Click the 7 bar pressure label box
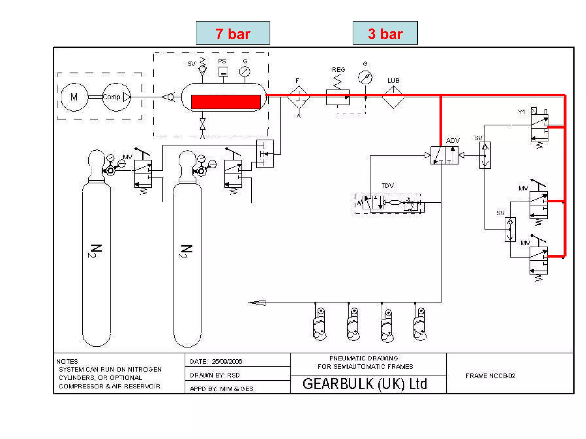(x=233, y=33)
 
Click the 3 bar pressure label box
(x=385, y=33)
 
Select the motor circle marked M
(x=74, y=97)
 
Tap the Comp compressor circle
(x=116, y=97)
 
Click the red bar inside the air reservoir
(x=226, y=102)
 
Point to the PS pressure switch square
(x=223, y=71)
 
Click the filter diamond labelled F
(x=299, y=97)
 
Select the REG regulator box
(x=338, y=97)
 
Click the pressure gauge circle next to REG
(x=365, y=77)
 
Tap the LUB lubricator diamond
(x=393, y=97)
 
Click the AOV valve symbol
(x=444, y=155)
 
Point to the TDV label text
(x=387, y=186)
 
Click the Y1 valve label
(x=521, y=112)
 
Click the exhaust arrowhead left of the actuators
(x=258, y=303)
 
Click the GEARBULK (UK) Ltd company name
(x=365, y=384)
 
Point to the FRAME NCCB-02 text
(x=490, y=376)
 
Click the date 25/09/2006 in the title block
(x=227, y=362)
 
